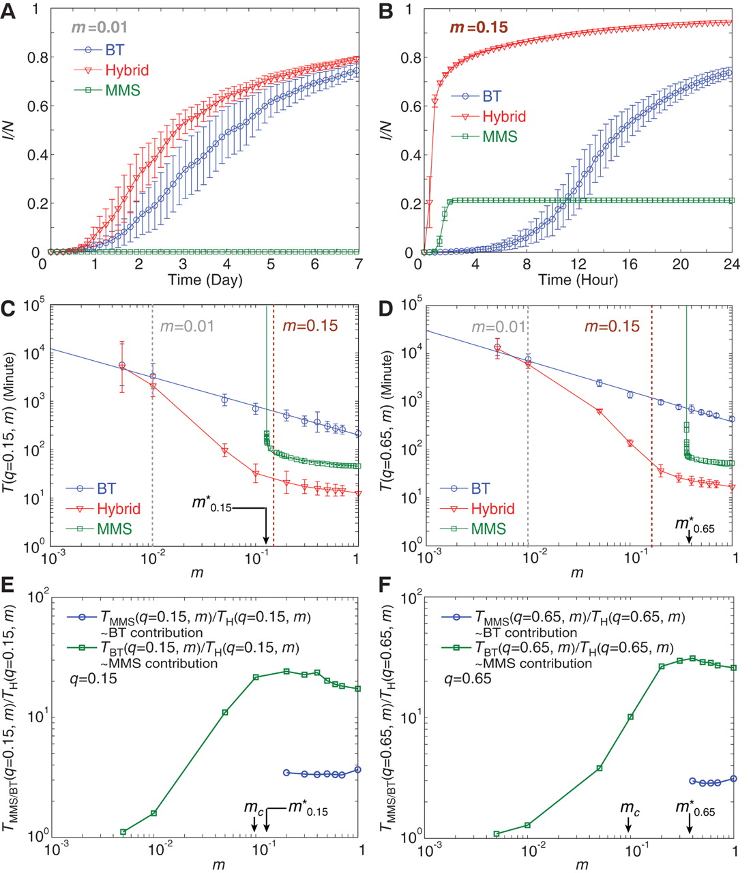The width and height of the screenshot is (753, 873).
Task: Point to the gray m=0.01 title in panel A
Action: click(x=100, y=28)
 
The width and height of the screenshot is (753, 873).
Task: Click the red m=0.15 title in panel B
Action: click(x=478, y=28)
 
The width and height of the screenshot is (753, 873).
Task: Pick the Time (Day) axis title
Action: click(x=205, y=280)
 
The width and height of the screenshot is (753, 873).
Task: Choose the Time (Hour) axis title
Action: click(x=578, y=280)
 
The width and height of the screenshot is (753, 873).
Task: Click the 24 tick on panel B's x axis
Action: click(x=731, y=265)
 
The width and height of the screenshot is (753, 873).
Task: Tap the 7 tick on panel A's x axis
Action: click(x=359, y=265)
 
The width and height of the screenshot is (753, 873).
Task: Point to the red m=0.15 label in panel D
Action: click(x=612, y=326)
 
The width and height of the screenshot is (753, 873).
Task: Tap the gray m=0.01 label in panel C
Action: click(x=187, y=326)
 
